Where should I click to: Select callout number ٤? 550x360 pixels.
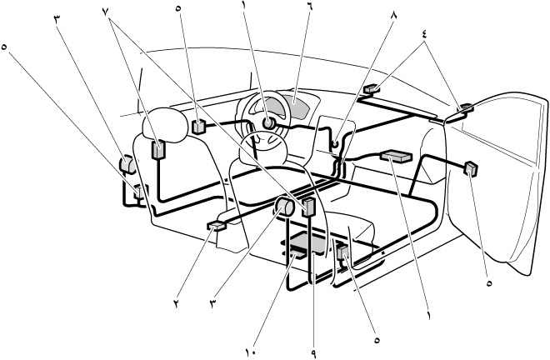tap(427, 34)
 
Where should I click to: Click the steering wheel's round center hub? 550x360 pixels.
tap(269, 123)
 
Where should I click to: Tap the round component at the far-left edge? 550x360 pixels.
tap(128, 165)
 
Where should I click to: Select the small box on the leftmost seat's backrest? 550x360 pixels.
tap(158, 151)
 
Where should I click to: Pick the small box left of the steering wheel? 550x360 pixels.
tap(199, 127)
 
